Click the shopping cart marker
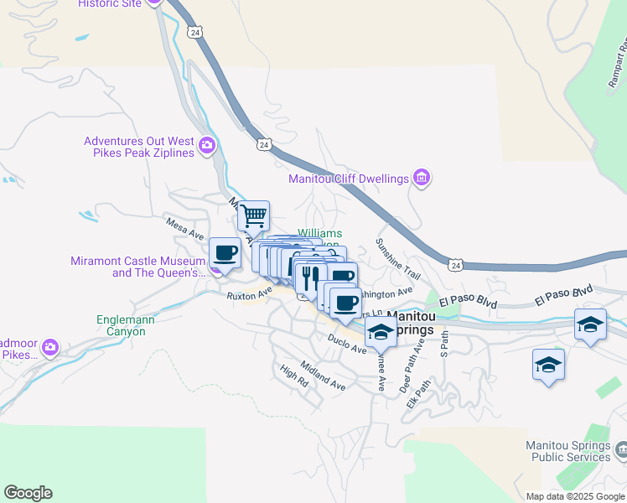tap(253, 217)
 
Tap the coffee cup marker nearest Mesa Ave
tap(225, 252)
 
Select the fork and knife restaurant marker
tap(310, 276)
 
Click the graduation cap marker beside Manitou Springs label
tap(381, 332)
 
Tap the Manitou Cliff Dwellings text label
tap(348, 179)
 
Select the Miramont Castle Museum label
tap(139, 267)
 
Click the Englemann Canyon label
tap(122, 325)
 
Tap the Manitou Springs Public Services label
tap(567, 451)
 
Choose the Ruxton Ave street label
tap(249, 295)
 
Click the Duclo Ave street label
tap(347, 343)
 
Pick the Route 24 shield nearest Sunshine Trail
tap(454, 265)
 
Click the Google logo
tap(28, 493)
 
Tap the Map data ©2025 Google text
tap(575, 496)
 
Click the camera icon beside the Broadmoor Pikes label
tap(50, 346)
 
